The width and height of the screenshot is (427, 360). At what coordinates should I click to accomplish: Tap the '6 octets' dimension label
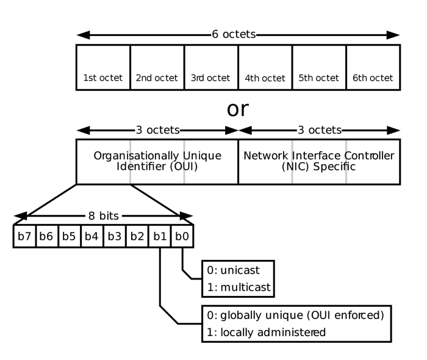click(234, 35)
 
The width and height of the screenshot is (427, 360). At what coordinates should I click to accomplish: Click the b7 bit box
click(24, 236)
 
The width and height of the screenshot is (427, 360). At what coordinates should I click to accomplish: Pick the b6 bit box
click(47, 236)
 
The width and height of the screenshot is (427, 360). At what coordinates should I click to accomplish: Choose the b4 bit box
click(92, 236)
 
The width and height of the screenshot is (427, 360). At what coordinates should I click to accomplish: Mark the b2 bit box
click(137, 236)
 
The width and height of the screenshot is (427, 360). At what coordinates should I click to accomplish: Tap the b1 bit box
click(160, 236)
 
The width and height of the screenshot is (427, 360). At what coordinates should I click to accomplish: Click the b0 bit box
click(182, 236)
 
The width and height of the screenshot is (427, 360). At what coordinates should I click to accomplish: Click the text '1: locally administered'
click(265, 332)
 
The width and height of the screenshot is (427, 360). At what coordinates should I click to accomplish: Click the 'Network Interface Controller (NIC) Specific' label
click(318, 161)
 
